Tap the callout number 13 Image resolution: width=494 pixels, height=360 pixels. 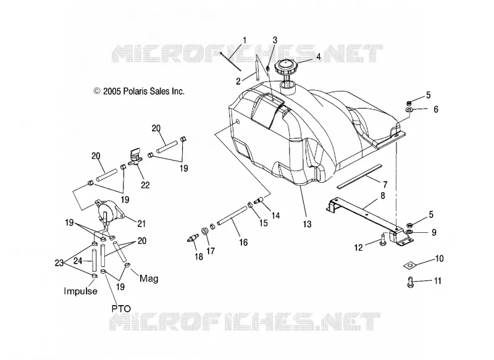tap(307, 224)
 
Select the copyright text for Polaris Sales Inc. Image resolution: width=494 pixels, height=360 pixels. tap(138, 91)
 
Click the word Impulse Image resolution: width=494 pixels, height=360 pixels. tap(81, 291)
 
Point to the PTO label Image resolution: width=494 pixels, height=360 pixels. tap(121, 309)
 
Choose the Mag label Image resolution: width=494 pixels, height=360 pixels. tap(149, 278)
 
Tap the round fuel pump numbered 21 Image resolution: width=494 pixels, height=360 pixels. tap(109, 211)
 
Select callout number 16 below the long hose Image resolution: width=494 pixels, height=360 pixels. tap(243, 242)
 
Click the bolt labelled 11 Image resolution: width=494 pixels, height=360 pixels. tap(410, 281)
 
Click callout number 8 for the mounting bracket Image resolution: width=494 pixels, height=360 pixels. tap(383, 196)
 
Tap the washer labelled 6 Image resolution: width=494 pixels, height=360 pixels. tap(409, 110)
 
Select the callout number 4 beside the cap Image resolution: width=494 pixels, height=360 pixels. tap(319, 57)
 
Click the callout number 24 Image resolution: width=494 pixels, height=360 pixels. tap(78, 261)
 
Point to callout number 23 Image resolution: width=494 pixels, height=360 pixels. tap(59, 262)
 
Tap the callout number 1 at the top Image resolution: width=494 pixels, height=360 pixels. tap(245, 41)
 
